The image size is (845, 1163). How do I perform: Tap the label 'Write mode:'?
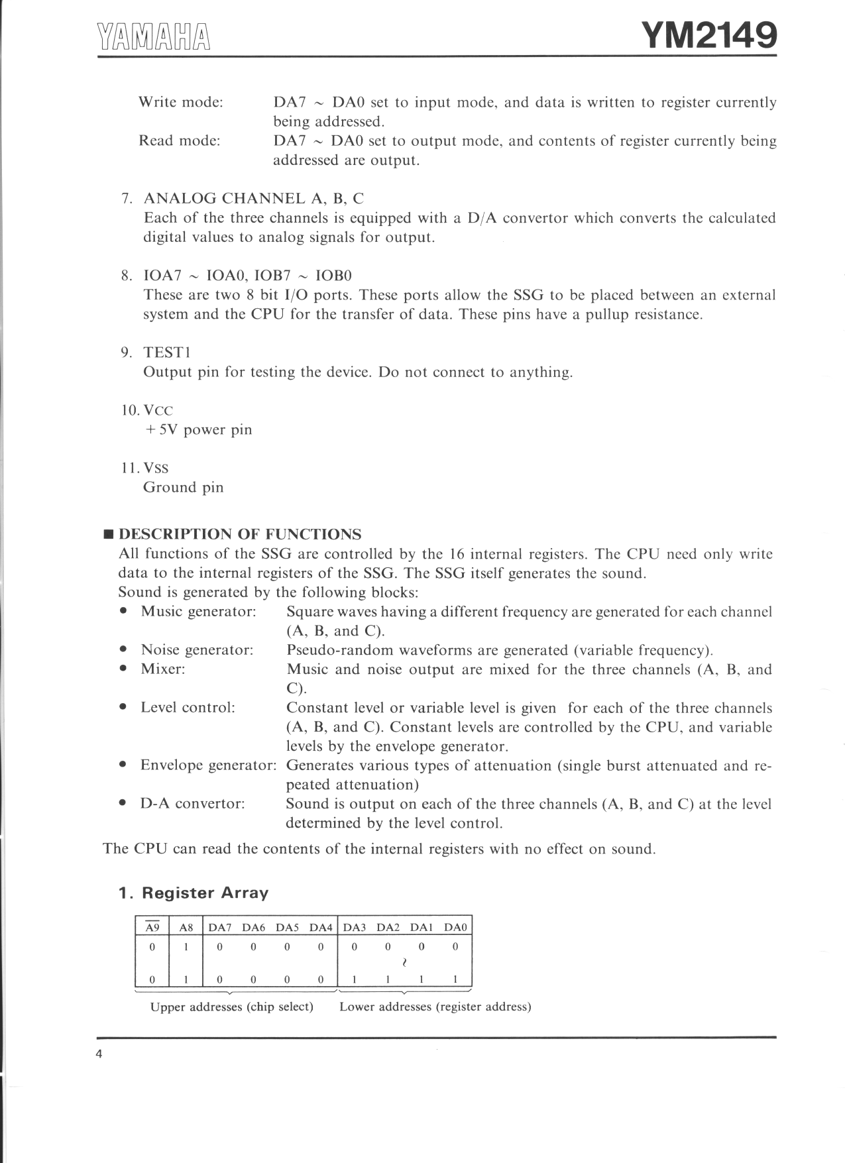(180, 102)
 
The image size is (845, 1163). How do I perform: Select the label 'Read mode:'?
(179, 140)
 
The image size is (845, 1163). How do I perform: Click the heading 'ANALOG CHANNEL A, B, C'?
(253, 198)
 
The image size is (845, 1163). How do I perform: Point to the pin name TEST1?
(167, 353)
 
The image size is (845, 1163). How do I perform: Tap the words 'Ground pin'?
(184, 487)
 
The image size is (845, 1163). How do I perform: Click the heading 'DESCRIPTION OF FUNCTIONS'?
(240, 534)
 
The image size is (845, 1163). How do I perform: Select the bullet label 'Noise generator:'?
(197, 650)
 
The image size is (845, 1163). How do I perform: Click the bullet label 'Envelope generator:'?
(208, 765)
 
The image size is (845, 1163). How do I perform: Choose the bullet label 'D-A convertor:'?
(192, 804)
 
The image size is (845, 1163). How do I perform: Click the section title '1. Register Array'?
(194, 893)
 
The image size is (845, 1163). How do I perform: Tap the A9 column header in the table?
(152, 928)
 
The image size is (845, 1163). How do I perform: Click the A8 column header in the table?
(186, 928)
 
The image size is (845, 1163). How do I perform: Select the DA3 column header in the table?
(355, 928)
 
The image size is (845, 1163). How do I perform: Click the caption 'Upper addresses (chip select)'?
(231, 1007)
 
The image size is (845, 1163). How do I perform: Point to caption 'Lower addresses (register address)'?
(435, 1007)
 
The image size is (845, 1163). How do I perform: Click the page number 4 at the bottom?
(99, 1054)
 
